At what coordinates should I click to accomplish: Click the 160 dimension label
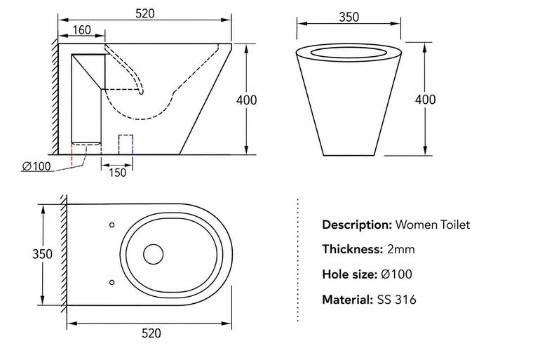[x=81, y=30]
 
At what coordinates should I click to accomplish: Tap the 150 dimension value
[x=117, y=172]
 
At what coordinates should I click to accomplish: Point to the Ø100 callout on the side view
[x=36, y=166]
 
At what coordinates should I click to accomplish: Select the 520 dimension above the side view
[x=145, y=13]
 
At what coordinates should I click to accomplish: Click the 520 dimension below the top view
[x=151, y=333]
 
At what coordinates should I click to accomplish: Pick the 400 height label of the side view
[x=246, y=100]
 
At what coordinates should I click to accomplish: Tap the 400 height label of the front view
[x=425, y=100]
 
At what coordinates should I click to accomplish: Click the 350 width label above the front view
[x=349, y=17]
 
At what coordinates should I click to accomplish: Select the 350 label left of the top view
[x=42, y=254]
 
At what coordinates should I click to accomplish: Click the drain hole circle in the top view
[x=154, y=245]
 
